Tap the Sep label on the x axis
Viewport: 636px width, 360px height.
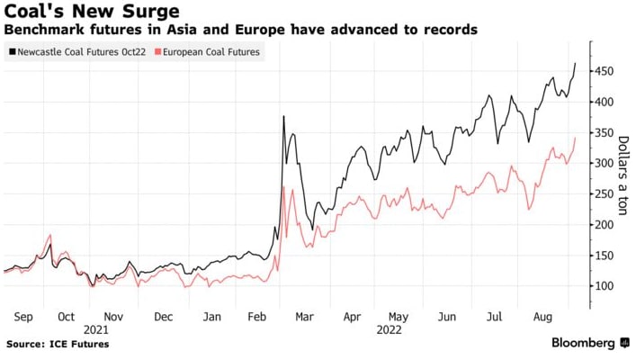[23, 318]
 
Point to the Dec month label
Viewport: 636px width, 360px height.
[164, 318]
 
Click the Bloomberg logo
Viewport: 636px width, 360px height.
[583, 343]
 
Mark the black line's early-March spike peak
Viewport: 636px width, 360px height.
[283, 116]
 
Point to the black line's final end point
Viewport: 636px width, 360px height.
[576, 63]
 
